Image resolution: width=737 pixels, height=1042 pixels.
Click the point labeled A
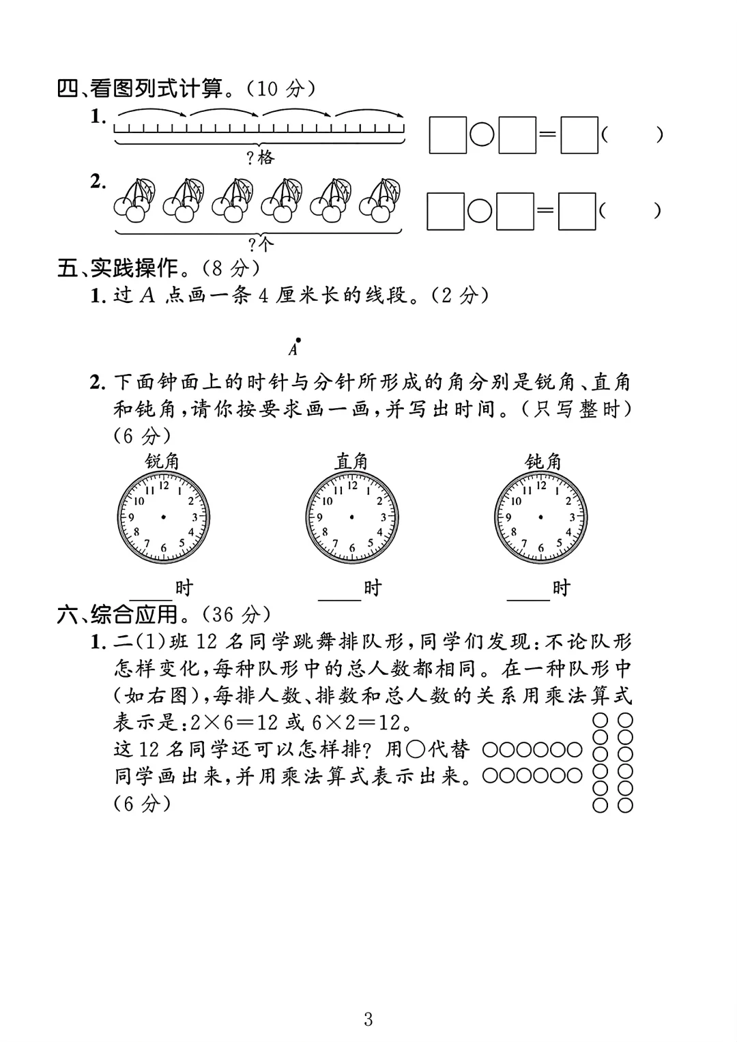click(x=298, y=339)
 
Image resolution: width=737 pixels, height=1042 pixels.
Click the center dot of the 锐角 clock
click(x=164, y=517)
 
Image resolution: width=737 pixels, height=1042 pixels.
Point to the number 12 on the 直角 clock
click(x=353, y=486)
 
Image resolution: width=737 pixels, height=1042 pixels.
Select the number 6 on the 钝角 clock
click(x=541, y=548)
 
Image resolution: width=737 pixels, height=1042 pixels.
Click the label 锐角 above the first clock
click(x=162, y=462)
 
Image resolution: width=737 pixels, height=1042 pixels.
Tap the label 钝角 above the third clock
click(x=543, y=462)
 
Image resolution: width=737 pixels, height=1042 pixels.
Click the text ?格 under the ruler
click(x=259, y=158)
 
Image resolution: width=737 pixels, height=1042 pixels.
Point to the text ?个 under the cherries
click(x=259, y=244)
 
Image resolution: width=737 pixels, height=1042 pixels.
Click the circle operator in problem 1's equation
click(x=482, y=135)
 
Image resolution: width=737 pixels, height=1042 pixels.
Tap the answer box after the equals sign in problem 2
click(x=577, y=211)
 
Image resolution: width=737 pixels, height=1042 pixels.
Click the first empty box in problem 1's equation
click(x=448, y=135)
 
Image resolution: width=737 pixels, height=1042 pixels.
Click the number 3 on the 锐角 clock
click(x=194, y=517)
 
